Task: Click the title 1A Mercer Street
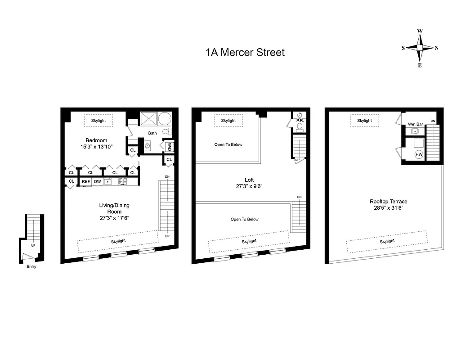pos(245,53)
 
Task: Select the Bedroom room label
pos(96,140)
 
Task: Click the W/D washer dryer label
pos(170,147)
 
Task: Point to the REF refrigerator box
pos(86,182)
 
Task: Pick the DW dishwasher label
pos(97,182)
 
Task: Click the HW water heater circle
pos(419,154)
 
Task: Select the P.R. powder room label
pos(299,121)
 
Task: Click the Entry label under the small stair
pos(31,266)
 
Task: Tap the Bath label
pos(153,133)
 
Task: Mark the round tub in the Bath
pos(165,119)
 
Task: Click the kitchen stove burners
pos(122,182)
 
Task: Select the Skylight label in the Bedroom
pos(99,121)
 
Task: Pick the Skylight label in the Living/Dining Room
pos(118,241)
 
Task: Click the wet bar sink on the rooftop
pos(415,131)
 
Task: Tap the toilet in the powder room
pos(299,126)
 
